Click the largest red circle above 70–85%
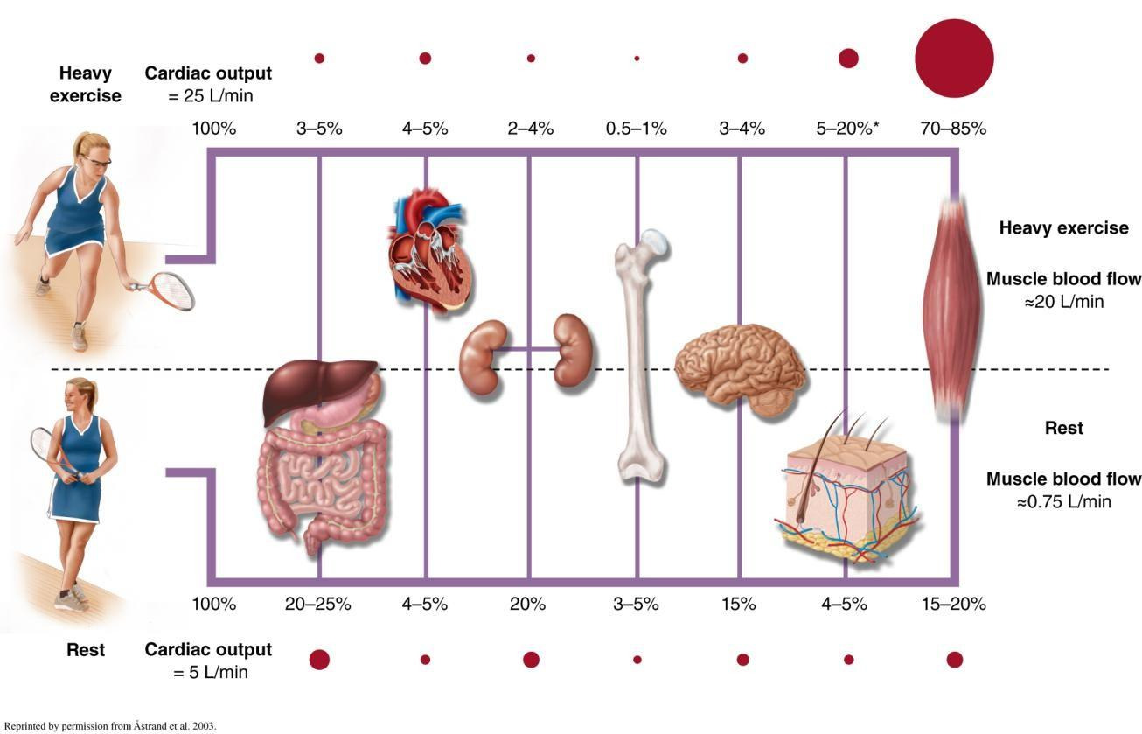coord(954,59)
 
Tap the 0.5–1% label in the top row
coord(637,129)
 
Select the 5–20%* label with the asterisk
coord(847,129)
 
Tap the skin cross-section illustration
coord(847,490)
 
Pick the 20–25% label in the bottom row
coord(318,604)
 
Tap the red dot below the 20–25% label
coord(319,660)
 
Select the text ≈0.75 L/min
coord(1063,501)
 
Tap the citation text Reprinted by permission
coord(109,726)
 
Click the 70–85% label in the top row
coord(953,129)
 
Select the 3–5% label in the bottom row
coord(637,604)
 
